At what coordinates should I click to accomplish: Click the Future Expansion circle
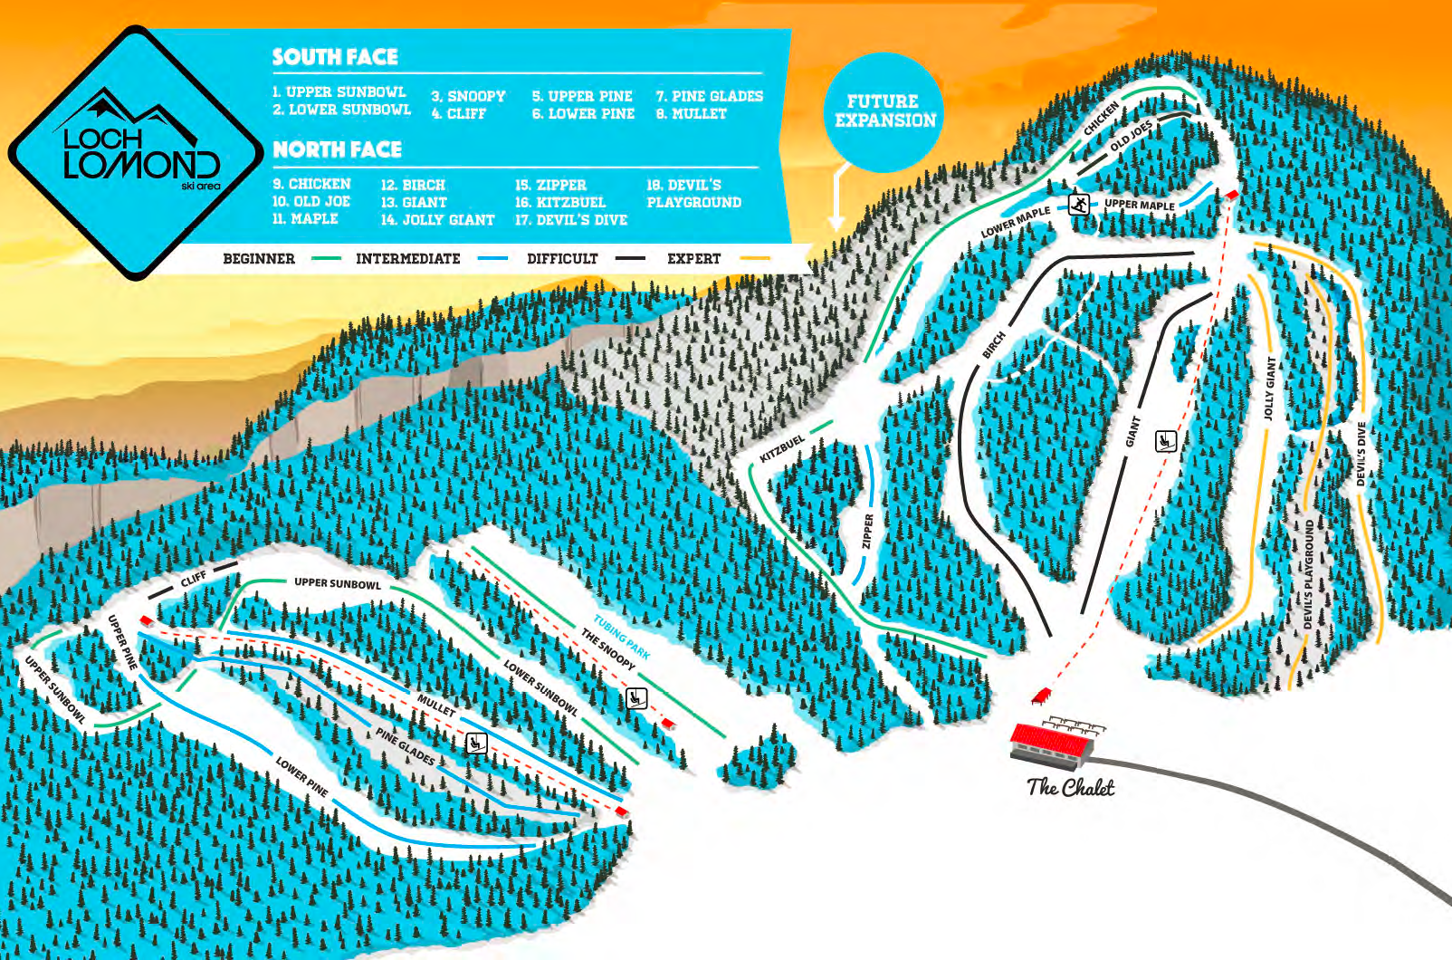(x=884, y=110)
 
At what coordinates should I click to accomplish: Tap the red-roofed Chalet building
(x=1051, y=744)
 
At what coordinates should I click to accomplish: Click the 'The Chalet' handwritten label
(x=1070, y=787)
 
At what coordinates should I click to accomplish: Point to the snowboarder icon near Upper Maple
(x=1078, y=204)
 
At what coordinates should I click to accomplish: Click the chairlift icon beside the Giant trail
(x=1165, y=441)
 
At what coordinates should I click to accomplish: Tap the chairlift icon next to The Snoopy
(x=636, y=697)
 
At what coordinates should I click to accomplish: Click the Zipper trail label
(x=867, y=531)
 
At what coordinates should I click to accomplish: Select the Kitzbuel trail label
(x=782, y=447)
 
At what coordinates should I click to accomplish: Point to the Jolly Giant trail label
(x=1269, y=388)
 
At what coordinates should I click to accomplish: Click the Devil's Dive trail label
(x=1361, y=454)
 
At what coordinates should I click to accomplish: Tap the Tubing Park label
(x=622, y=637)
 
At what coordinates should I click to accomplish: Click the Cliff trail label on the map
(x=193, y=579)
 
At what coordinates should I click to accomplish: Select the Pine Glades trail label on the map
(x=406, y=746)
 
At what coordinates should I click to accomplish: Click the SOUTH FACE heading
(x=335, y=57)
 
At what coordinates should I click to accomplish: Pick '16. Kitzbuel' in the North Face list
(x=559, y=202)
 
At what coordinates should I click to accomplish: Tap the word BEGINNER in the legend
(x=259, y=258)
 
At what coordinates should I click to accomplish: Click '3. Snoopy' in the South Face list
(x=468, y=96)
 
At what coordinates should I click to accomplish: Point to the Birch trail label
(x=994, y=344)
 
